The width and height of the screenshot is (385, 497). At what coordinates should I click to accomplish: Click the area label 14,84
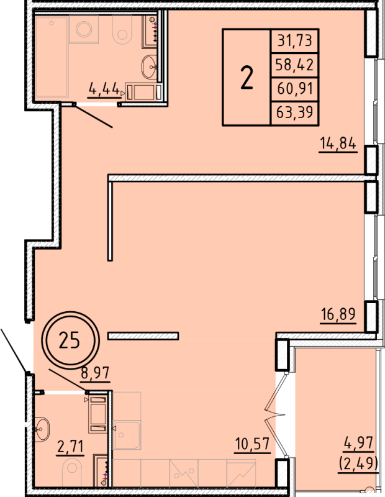click(x=337, y=144)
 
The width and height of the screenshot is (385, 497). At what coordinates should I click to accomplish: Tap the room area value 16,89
click(x=337, y=314)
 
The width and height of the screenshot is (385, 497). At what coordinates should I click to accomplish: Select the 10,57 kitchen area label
click(x=252, y=445)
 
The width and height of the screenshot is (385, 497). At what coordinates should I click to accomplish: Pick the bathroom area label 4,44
click(x=104, y=88)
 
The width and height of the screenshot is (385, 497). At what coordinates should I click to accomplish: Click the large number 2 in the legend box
click(x=247, y=78)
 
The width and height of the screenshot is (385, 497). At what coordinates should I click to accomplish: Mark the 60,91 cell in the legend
click(x=296, y=89)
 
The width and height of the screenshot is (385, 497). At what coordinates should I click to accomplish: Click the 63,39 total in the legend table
click(x=296, y=112)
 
